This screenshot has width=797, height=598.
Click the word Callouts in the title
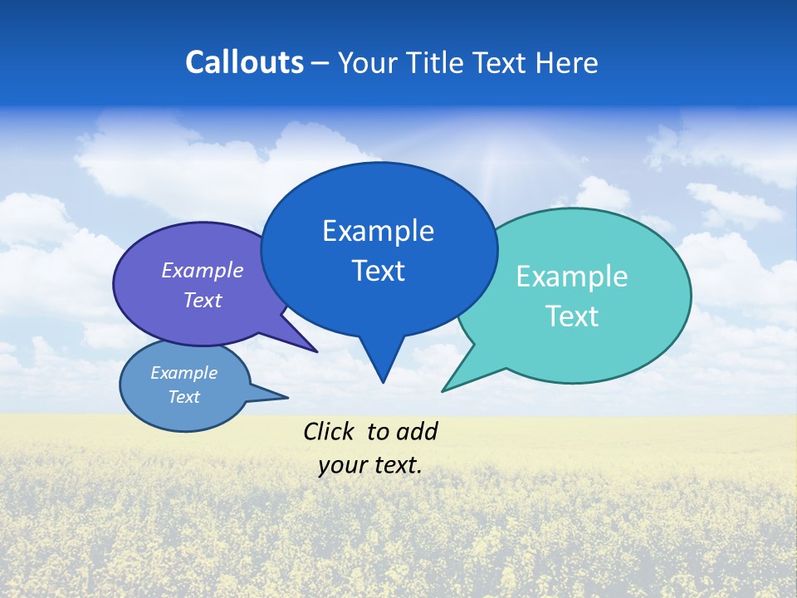click(244, 62)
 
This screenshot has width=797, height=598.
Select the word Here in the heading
click(567, 62)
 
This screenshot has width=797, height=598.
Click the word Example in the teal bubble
click(572, 277)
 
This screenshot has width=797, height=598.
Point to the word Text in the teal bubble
click(572, 316)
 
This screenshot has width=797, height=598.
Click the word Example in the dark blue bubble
click(378, 231)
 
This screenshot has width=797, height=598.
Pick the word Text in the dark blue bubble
click(378, 271)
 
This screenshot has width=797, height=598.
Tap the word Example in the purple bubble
click(203, 270)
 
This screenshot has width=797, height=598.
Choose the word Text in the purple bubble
click(203, 300)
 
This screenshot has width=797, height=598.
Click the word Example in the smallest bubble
click(184, 373)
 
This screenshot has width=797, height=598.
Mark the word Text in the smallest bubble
click(184, 397)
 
